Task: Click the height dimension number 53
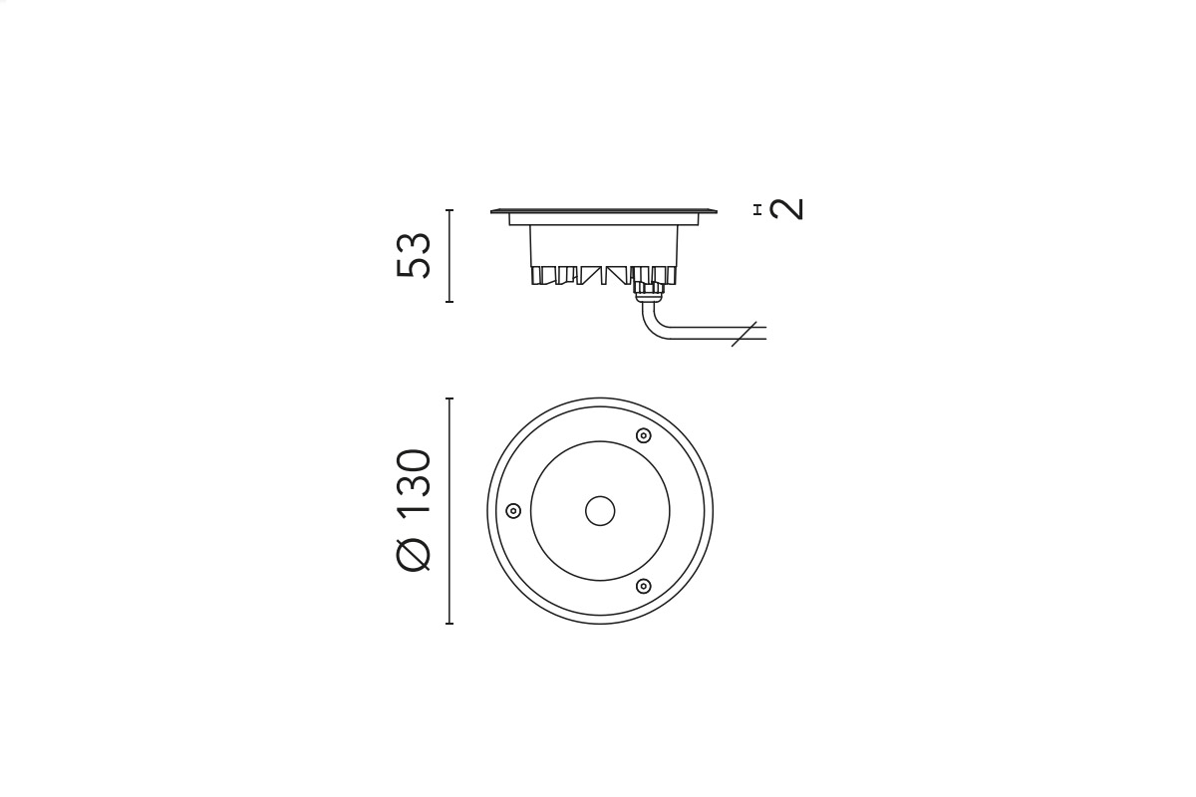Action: pyautogui.click(x=414, y=256)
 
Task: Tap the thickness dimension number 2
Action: pyautogui.click(x=787, y=209)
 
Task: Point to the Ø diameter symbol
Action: pyautogui.click(x=414, y=553)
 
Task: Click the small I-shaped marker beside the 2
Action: pyautogui.click(x=756, y=210)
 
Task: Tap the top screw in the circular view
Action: pyautogui.click(x=644, y=435)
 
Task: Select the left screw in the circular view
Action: pyautogui.click(x=513, y=511)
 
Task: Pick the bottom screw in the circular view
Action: pyautogui.click(x=644, y=586)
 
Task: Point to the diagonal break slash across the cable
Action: pyautogui.click(x=744, y=334)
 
